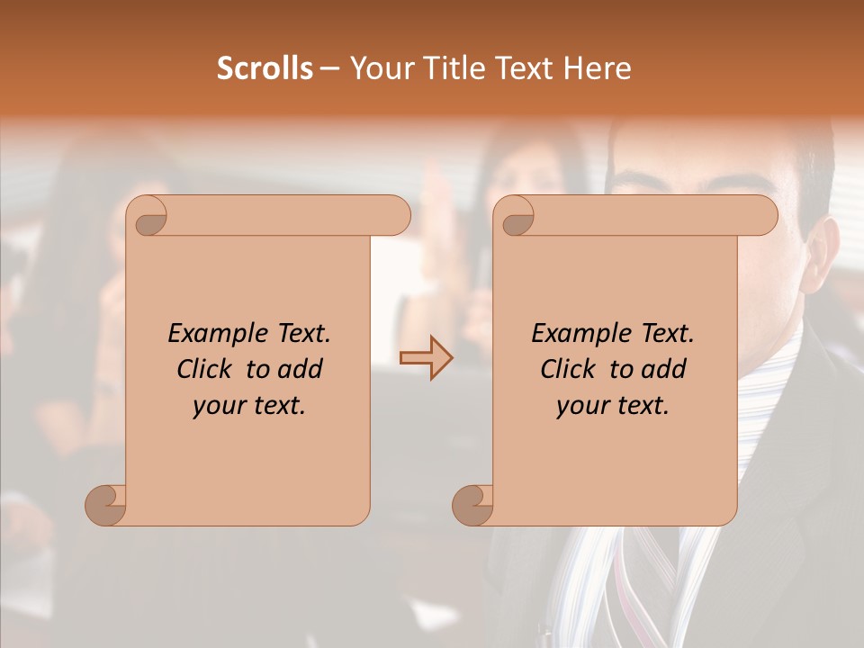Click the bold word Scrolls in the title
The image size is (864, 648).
265,68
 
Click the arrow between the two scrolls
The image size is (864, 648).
426,357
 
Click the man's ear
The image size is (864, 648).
822,247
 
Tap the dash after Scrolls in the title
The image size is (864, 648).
329,69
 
